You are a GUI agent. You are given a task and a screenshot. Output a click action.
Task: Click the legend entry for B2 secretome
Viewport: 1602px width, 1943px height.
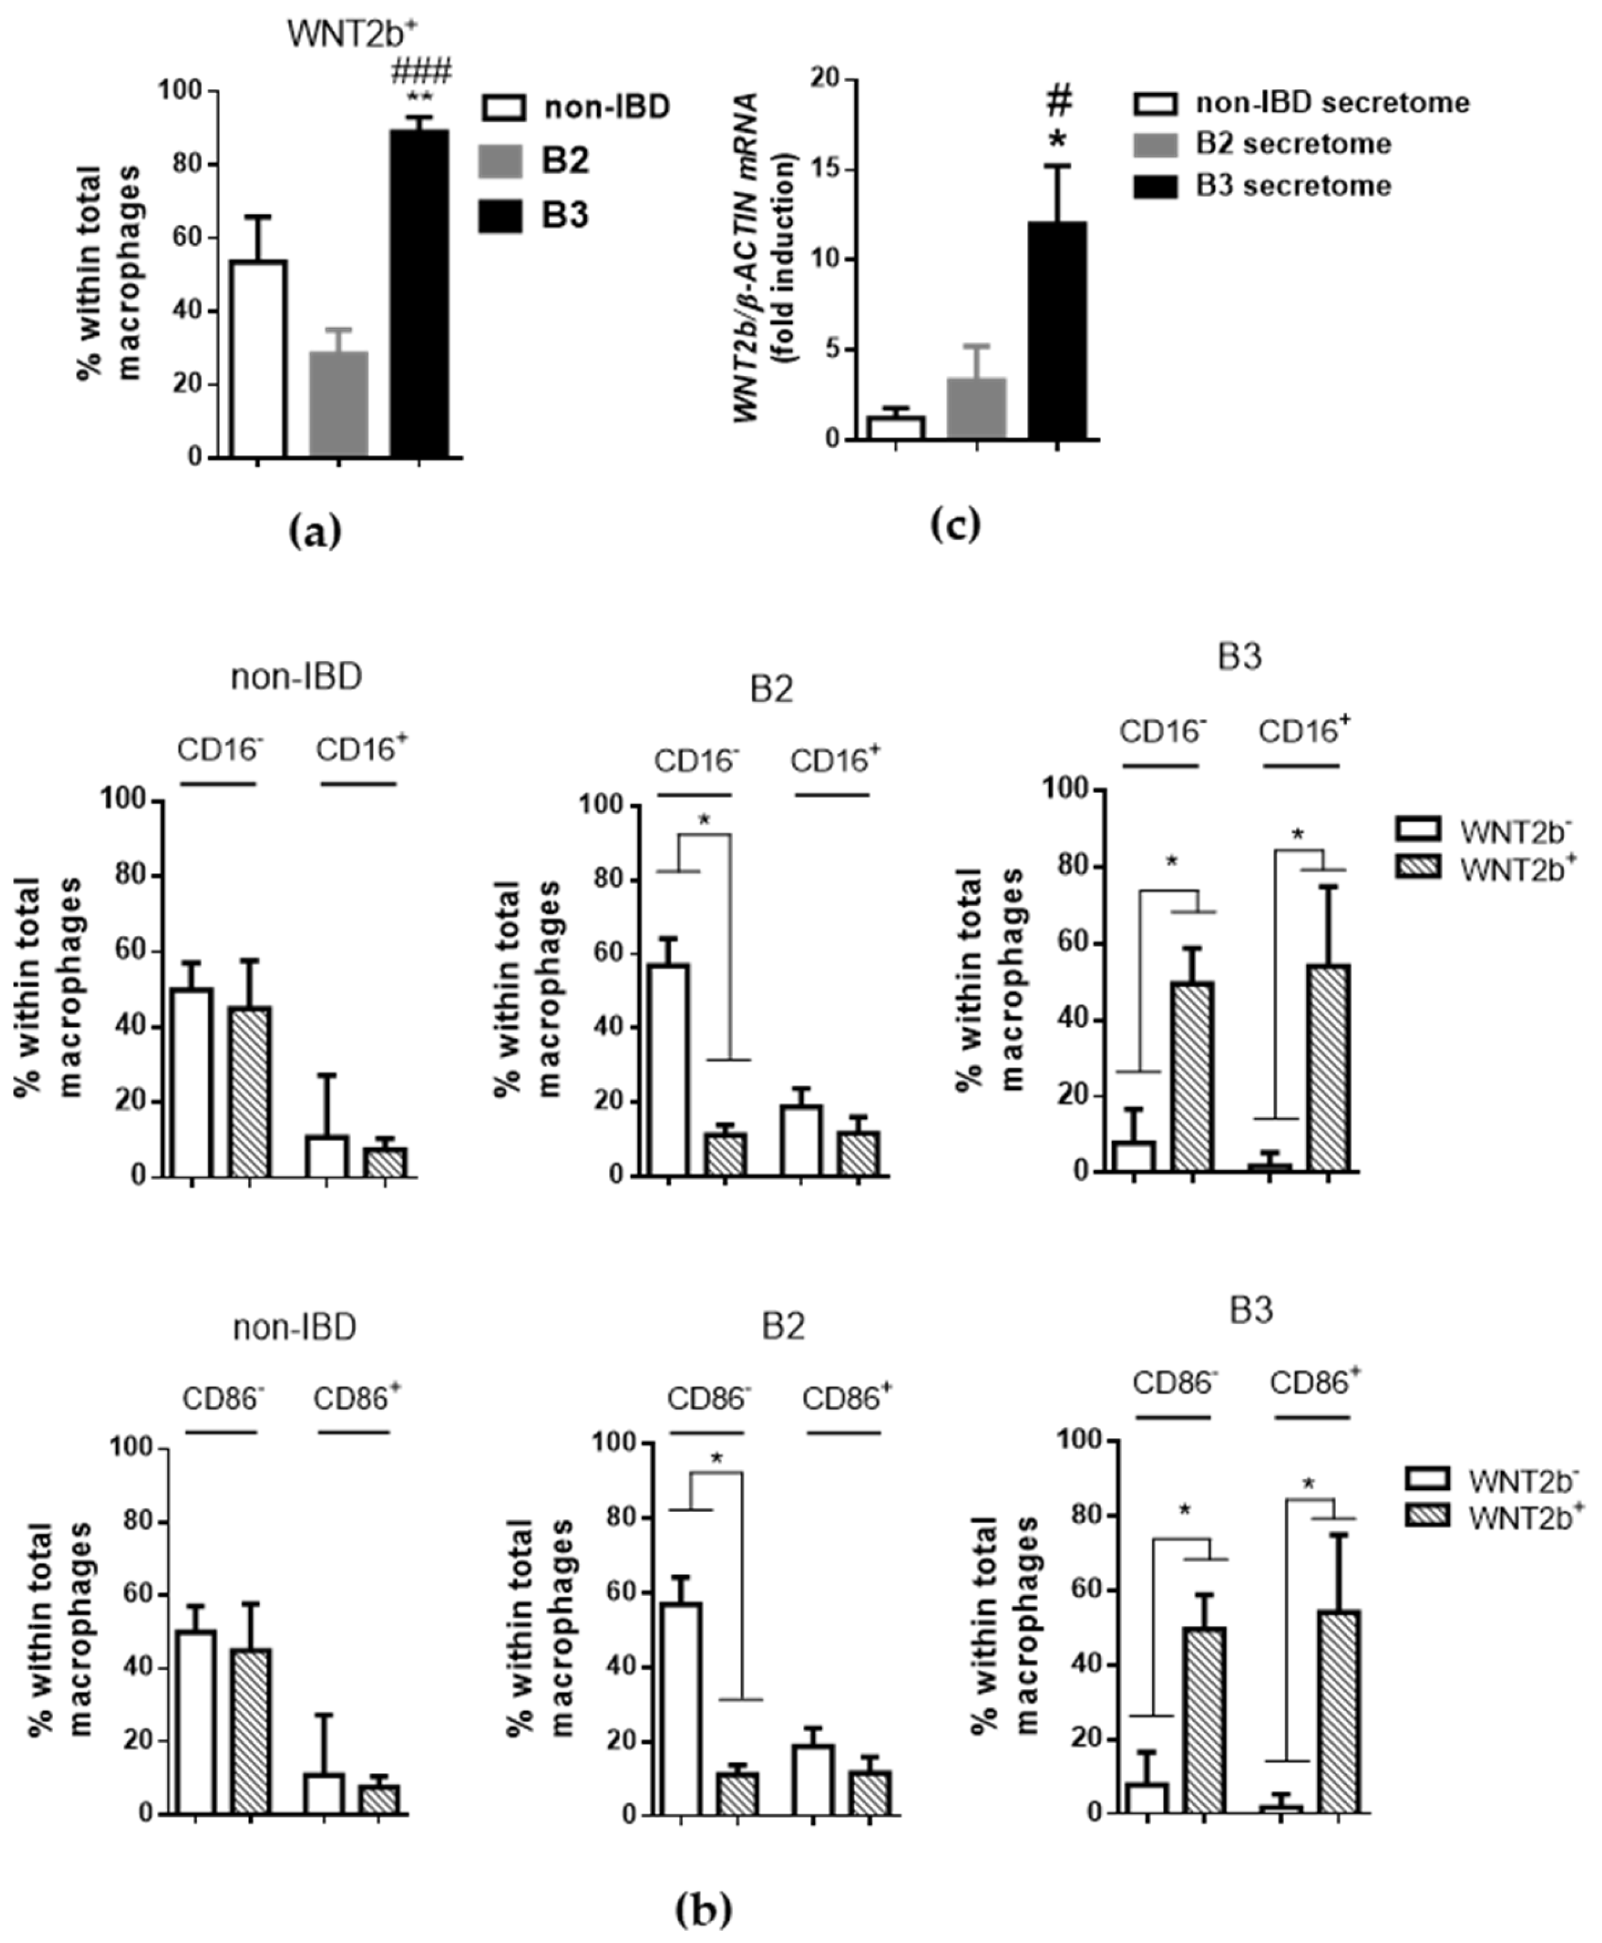(1292, 144)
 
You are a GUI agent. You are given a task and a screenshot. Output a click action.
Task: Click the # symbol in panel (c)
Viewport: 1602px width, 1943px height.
(1059, 102)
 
